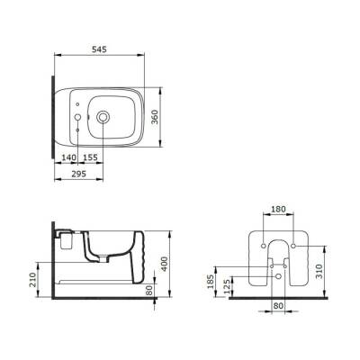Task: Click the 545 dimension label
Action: pos(99,49)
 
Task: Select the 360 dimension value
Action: pos(154,118)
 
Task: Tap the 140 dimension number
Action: pos(69,157)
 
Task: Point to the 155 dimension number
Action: pos(90,157)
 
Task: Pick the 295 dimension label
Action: pos(79,174)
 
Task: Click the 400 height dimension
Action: pos(165,264)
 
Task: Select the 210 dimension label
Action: pos(33,280)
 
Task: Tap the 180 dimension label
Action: pos(278,209)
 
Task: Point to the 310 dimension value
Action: pos(319,271)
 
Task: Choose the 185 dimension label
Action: pos(211,282)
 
